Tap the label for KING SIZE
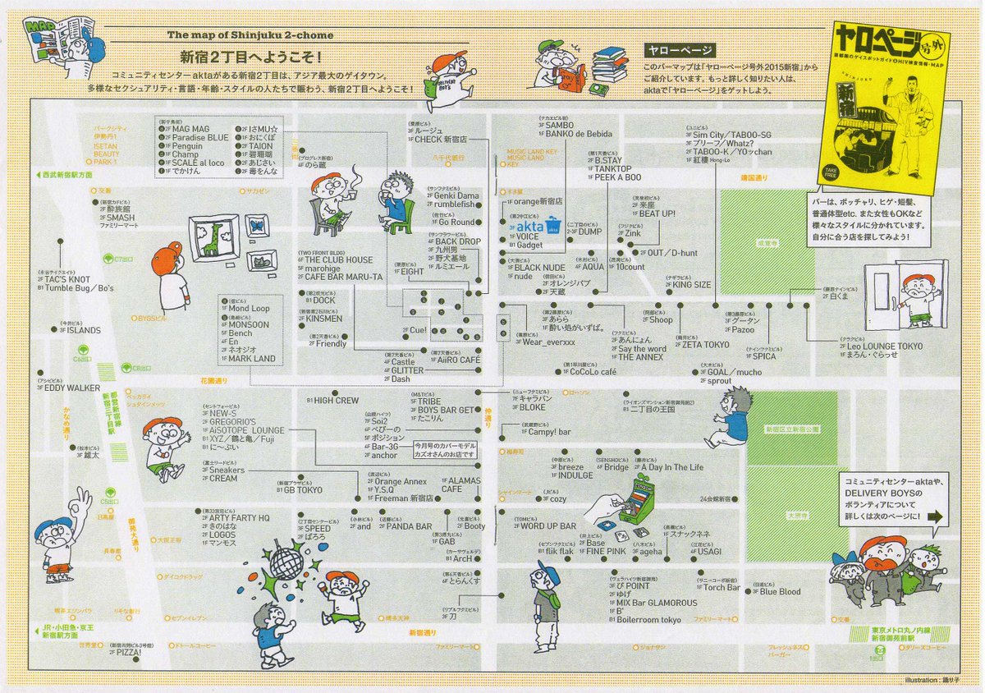coord(691,285)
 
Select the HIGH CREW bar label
coord(337,400)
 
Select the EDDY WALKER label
coord(72,388)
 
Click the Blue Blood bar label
coord(779,591)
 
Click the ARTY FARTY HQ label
coord(238,518)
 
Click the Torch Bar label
coord(721,587)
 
